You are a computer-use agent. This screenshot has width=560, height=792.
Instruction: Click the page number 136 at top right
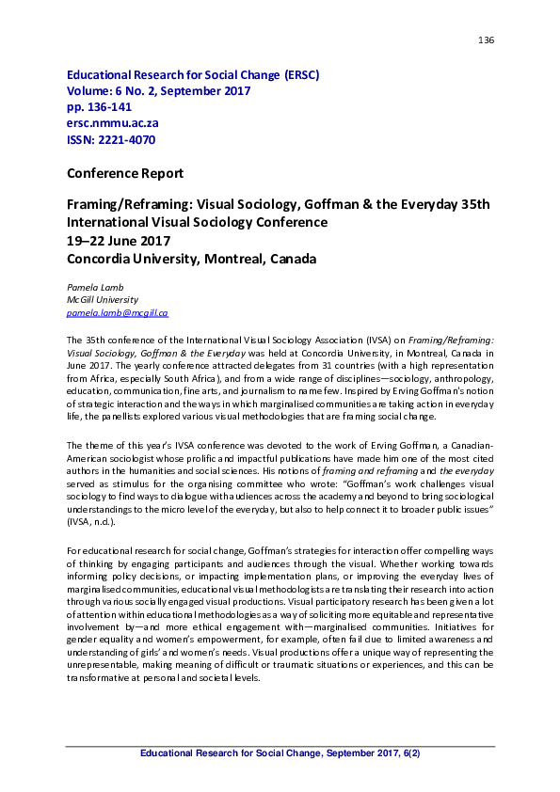click(487, 40)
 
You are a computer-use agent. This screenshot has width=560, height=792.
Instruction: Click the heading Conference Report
click(124, 173)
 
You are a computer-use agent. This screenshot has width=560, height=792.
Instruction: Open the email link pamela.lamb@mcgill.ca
click(117, 311)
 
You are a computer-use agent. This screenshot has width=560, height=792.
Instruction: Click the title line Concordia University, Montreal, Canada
click(191, 258)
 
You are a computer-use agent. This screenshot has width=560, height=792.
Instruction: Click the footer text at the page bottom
click(280, 754)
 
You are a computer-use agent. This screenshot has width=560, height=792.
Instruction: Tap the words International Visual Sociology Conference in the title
click(197, 222)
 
